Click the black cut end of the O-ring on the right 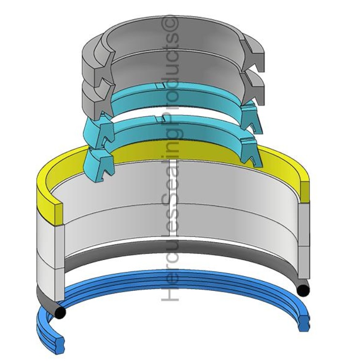pos(303,290)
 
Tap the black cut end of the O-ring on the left pos(60,313)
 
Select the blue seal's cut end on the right pos(304,321)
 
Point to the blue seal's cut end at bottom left pos(59,345)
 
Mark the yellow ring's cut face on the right pos(305,192)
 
